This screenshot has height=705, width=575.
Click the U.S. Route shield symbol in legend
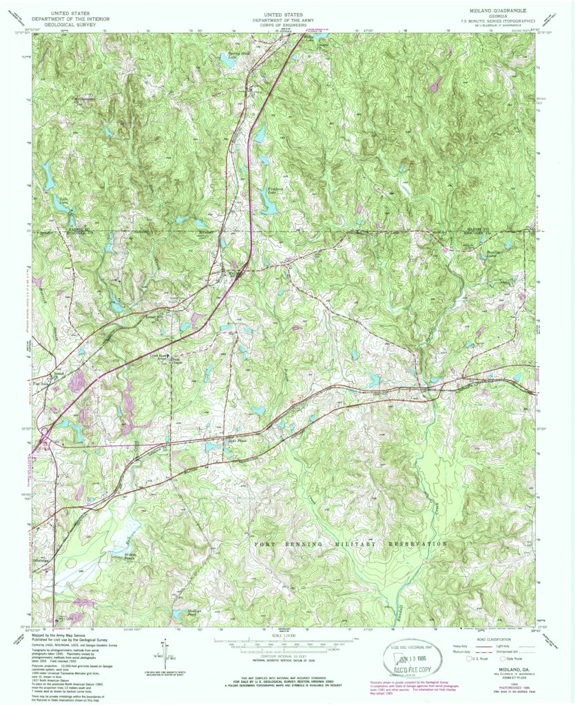(x=468, y=658)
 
